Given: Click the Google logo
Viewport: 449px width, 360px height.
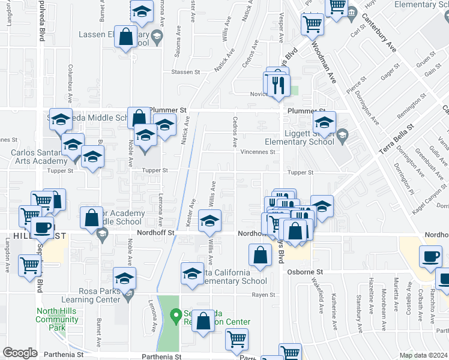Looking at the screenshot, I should (20, 353).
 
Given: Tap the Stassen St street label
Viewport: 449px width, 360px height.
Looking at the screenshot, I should (185, 72).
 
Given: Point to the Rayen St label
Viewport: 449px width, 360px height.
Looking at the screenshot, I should (263, 295).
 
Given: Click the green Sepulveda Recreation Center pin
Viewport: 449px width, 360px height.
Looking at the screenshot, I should (175, 314).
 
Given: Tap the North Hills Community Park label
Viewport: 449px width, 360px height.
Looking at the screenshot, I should (57, 315).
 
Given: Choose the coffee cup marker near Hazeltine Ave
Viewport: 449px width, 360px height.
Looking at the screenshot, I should (431, 256).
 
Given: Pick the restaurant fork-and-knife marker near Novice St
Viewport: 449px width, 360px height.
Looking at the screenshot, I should (277, 85).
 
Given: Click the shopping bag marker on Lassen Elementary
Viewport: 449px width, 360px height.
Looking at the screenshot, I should (127, 37).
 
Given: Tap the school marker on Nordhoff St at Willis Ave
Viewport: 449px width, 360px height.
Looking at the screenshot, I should (209, 221).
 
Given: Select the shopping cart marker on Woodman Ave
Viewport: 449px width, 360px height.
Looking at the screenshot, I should (313, 24).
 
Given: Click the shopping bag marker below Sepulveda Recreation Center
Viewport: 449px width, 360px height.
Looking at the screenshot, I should (204, 320).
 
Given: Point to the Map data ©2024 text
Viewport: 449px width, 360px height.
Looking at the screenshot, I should (423, 355).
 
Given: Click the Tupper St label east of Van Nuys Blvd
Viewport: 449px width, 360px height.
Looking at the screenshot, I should (301, 172).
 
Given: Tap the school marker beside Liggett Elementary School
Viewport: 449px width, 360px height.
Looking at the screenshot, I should (324, 123).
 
